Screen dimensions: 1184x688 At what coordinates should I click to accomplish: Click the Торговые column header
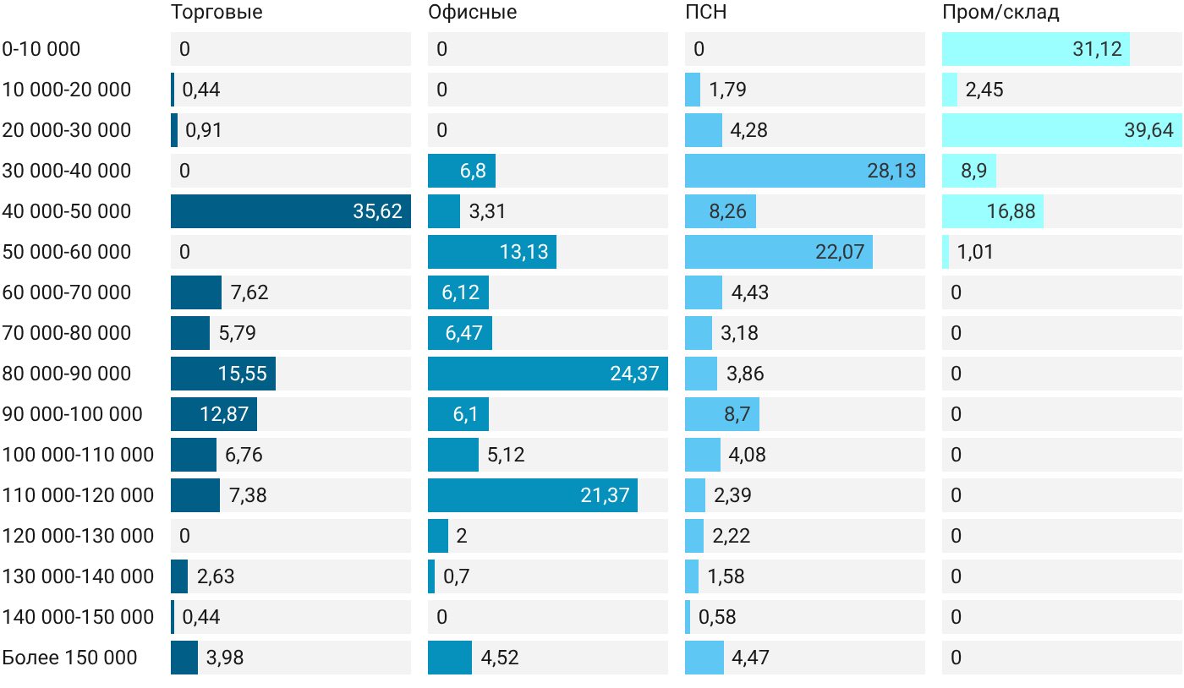coord(217,13)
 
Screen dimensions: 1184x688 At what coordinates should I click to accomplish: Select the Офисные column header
coord(472,13)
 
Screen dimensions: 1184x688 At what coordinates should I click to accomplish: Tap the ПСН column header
coord(705,12)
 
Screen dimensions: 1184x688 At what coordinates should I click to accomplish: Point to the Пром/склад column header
coord(1000,13)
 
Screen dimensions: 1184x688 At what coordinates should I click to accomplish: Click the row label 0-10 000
coord(41,49)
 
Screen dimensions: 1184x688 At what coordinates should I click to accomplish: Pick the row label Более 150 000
coord(69,658)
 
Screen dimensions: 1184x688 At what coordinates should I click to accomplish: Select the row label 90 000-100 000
coord(72,414)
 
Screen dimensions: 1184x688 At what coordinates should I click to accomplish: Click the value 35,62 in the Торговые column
coord(377,211)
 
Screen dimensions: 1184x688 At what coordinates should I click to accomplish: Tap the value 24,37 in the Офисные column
coord(634,374)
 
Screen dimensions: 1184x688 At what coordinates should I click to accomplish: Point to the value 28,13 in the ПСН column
coord(891,171)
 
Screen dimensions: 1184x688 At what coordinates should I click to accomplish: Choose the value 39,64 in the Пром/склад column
coord(1148,130)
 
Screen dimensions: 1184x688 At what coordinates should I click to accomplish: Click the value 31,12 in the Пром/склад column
coord(1097,49)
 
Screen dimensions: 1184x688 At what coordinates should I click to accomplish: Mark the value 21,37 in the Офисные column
coord(605,495)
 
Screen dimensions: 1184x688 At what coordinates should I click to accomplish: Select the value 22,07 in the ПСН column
coord(839,252)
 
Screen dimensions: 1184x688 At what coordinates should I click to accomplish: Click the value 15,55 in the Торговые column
coord(243,374)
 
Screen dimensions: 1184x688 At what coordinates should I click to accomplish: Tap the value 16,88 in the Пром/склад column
coord(1011,211)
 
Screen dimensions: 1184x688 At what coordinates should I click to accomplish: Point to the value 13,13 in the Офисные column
coord(523,252)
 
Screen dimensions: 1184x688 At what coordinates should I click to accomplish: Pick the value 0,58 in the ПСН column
coord(717,617)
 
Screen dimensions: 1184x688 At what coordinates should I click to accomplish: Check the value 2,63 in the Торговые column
coord(216,576)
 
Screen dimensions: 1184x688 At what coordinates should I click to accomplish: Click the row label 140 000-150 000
coord(78,617)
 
